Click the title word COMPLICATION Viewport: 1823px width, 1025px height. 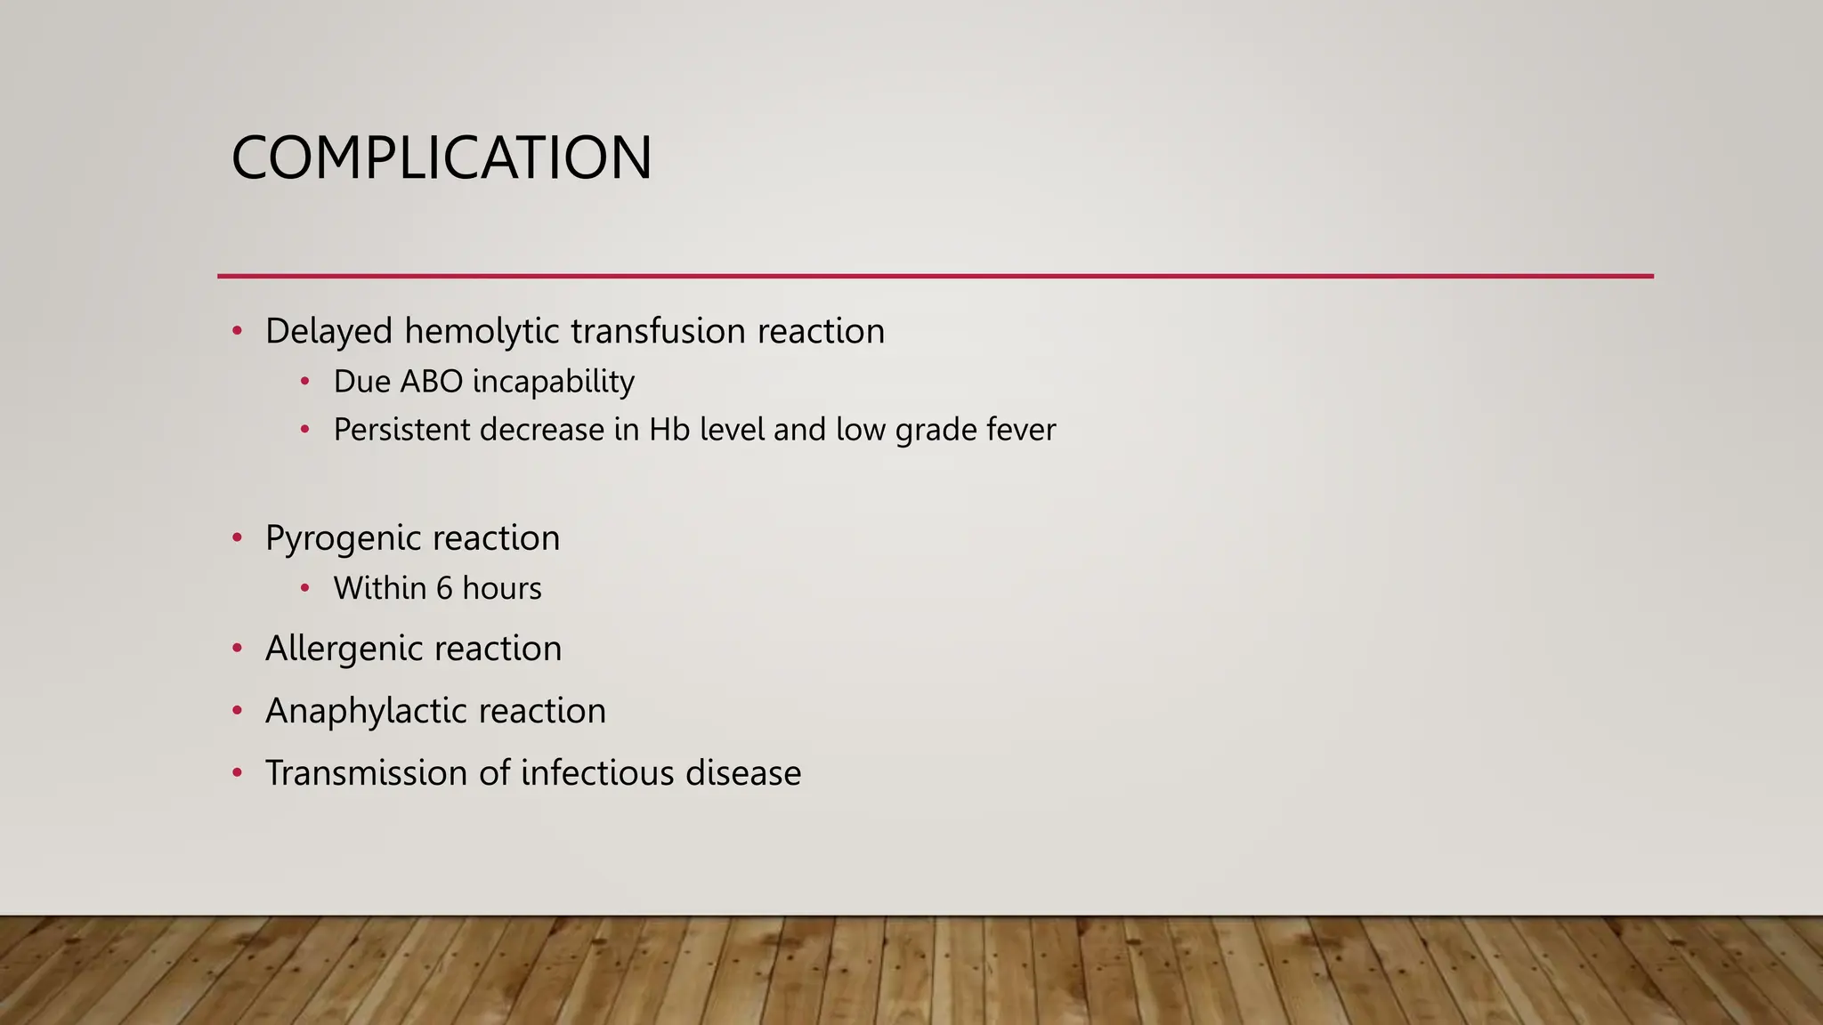[x=442, y=158]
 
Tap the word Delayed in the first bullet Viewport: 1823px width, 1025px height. [x=328, y=332]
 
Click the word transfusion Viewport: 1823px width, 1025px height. [x=658, y=332]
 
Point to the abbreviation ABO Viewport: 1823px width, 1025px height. [x=432, y=382]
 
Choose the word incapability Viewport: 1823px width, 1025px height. [x=554, y=382]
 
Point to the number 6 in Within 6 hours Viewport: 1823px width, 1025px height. [x=444, y=588]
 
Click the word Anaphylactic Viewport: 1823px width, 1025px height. [x=367, y=711]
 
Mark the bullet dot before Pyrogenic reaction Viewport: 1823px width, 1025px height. [x=237, y=537]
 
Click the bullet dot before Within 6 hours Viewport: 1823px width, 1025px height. [x=305, y=587]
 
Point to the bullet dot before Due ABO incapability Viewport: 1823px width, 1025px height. [x=305, y=381]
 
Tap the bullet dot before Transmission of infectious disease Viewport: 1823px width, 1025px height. [x=237, y=772]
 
